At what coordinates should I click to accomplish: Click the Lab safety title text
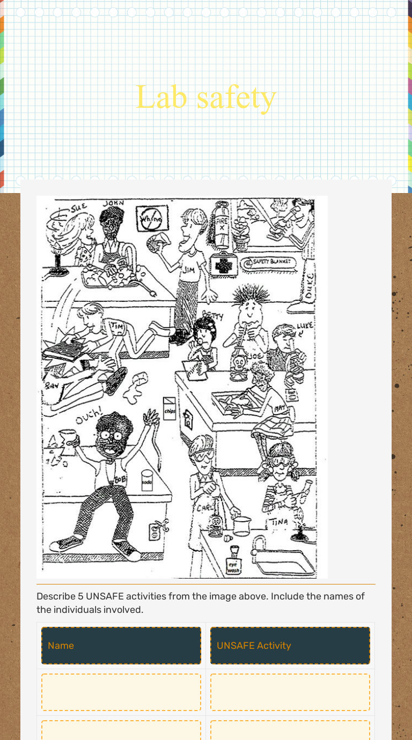(x=206, y=97)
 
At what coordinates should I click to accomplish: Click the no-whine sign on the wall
(x=152, y=219)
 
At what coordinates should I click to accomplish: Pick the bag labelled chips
(x=170, y=409)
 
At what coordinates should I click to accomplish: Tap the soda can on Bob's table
(x=147, y=480)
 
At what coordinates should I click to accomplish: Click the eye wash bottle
(x=234, y=561)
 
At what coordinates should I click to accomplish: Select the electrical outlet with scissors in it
(x=156, y=530)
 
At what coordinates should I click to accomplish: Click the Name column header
(x=121, y=645)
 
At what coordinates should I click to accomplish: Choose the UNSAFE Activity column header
(x=290, y=645)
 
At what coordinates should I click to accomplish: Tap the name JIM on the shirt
(x=189, y=271)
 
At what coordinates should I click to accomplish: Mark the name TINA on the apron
(x=279, y=521)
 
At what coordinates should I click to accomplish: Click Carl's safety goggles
(x=203, y=455)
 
